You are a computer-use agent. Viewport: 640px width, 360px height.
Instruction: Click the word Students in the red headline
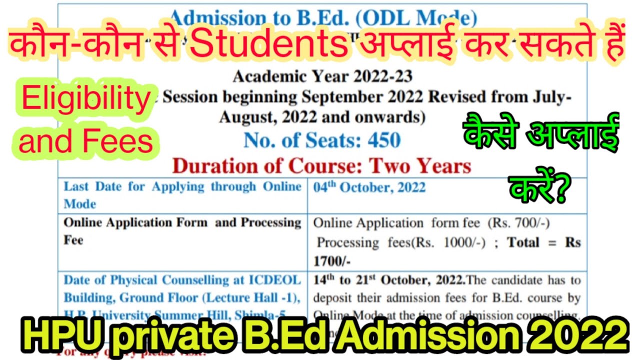[x=268, y=44]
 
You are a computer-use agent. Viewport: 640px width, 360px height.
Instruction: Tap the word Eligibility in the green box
[x=85, y=100]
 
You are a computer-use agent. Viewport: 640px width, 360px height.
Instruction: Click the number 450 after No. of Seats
[x=384, y=140]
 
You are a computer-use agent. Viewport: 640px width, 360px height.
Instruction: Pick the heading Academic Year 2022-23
[x=322, y=76]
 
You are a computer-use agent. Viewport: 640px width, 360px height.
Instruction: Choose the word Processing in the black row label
[x=271, y=222]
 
